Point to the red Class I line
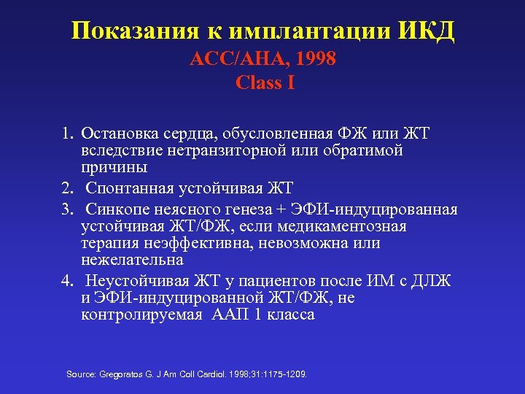click(265, 82)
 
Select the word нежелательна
click(132, 260)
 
